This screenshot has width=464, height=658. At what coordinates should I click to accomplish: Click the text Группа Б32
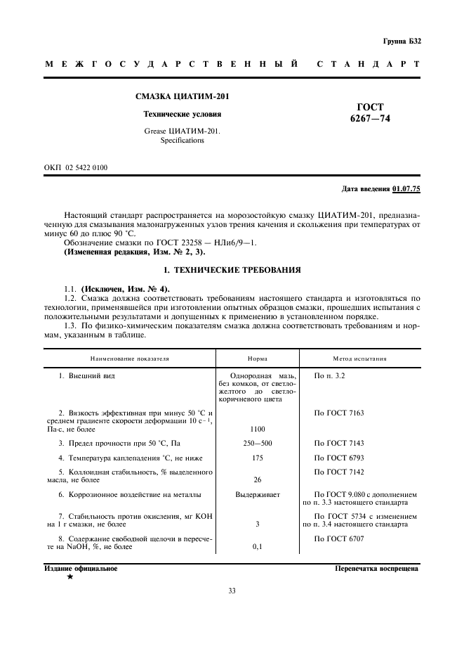point(402,41)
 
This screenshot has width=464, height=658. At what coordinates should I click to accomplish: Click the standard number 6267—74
point(370,119)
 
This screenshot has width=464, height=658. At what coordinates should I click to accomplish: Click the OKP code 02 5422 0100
point(86,167)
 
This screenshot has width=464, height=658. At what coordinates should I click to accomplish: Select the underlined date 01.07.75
point(406,189)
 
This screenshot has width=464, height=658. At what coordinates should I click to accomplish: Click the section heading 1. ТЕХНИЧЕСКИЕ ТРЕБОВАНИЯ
point(232,269)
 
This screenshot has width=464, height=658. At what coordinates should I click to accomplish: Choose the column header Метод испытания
point(359,359)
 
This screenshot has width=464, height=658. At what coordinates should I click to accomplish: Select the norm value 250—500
point(258,444)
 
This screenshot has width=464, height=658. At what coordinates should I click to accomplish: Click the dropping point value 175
point(258,458)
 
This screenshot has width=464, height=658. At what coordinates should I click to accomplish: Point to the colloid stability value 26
point(258,480)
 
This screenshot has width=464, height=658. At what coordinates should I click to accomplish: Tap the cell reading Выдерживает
point(258,495)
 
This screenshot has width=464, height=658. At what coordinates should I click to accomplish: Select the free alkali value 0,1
point(258,547)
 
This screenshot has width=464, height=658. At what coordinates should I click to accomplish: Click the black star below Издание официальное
point(69,576)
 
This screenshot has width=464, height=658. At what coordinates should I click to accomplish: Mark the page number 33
point(232,591)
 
